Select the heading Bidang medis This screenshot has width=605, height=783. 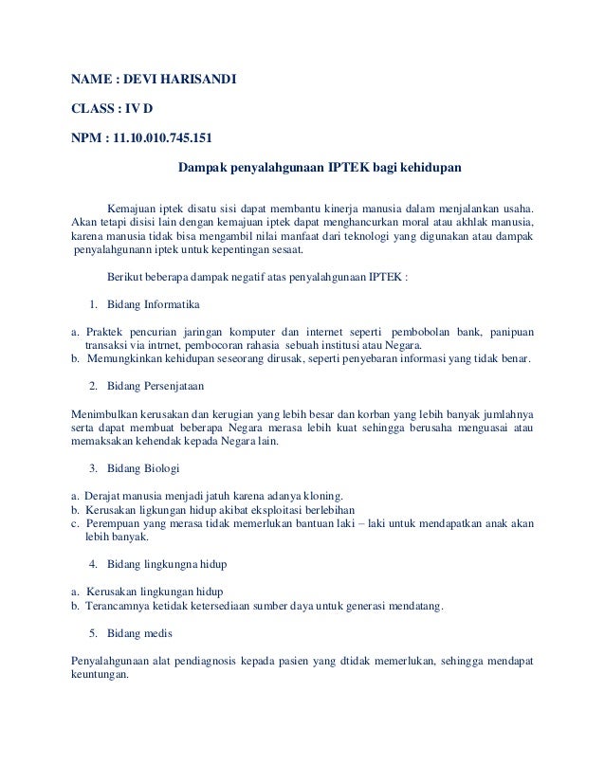(140, 633)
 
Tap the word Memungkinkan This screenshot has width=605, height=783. (129, 359)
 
